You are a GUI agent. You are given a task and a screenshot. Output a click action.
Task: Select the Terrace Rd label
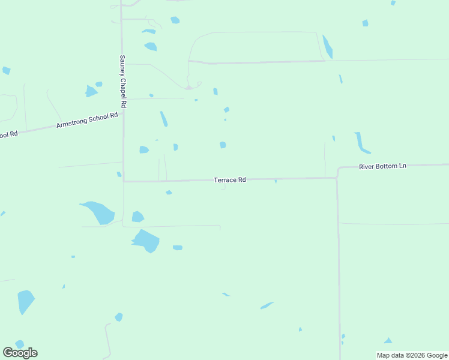pyautogui.click(x=230, y=179)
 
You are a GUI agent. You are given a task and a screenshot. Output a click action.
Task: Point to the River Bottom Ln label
pyautogui.click(x=382, y=166)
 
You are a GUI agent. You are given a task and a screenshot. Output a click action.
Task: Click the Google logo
pyautogui.click(x=20, y=352)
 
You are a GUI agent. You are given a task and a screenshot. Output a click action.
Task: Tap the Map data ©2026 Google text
pyautogui.click(x=412, y=355)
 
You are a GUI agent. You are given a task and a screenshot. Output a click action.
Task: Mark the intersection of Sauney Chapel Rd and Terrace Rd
pyautogui.click(x=124, y=180)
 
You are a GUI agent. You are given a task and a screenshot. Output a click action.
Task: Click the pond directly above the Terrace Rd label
pyautogui.click(x=223, y=145)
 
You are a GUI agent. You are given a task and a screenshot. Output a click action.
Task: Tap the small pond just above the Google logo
pyautogui.click(x=20, y=344)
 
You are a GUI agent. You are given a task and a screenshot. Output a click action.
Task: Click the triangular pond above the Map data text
pyautogui.click(x=388, y=341)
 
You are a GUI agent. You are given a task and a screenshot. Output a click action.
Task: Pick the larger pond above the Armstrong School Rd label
pyautogui.click(x=91, y=91)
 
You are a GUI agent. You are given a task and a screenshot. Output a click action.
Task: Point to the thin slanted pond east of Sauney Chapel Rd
pyautogui.click(x=163, y=119)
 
